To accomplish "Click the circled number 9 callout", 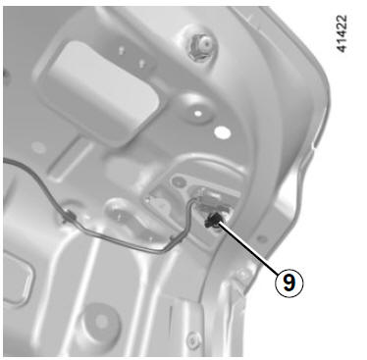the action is (x=289, y=283).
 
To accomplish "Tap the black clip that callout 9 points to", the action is (x=213, y=221).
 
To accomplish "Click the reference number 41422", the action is (x=341, y=33).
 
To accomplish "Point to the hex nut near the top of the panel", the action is (x=201, y=47).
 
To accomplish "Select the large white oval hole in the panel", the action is (x=223, y=131).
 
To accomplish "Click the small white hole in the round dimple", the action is (x=198, y=114).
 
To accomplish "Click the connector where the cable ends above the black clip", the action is (x=209, y=197).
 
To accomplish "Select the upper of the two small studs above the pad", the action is (x=122, y=50).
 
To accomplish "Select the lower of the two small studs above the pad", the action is (x=141, y=62).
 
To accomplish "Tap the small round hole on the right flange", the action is (x=262, y=239).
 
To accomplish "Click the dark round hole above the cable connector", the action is (x=179, y=180).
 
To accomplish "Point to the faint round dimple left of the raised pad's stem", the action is (x=39, y=148).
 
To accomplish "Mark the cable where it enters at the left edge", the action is (x=7, y=160).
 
